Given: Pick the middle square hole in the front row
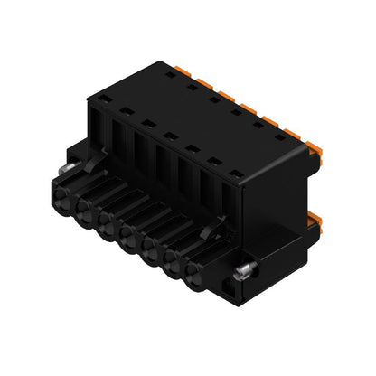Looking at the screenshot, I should [x=169, y=136].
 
